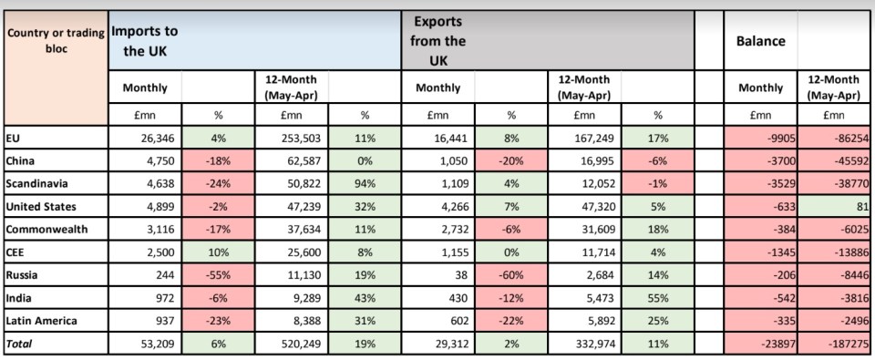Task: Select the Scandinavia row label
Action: coord(33,183)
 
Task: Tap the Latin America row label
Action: coord(41,321)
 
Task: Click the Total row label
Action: coord(19,344)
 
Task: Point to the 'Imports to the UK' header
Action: coord(145,41)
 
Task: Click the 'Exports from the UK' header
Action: coord(439,41)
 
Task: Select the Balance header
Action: coord(761,41)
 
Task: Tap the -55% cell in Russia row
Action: coord(218,275)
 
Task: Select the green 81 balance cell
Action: coord(860,207)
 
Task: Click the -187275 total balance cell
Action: coord(849,344)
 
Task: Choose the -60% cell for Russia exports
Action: coord(511,275)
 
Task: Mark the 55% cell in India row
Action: coord(658,298)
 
